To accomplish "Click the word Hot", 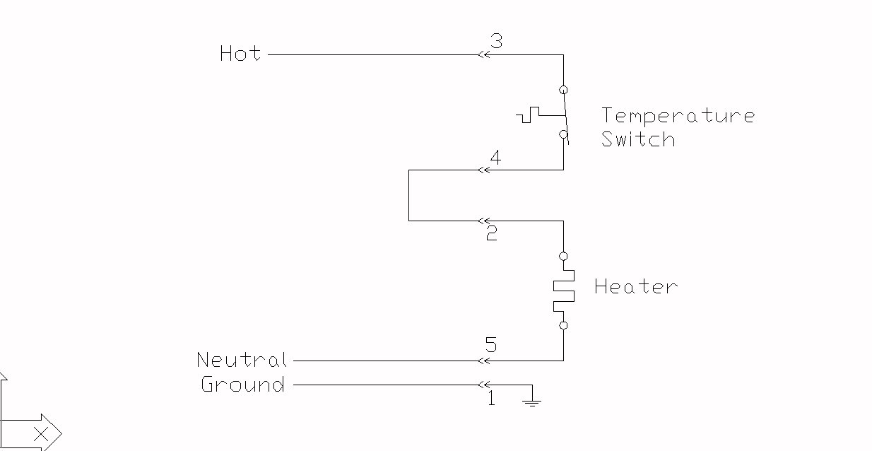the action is click(x=240, y=53).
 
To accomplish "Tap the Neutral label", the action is click(x=242, y=360).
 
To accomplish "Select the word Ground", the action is click(x=243, y=384).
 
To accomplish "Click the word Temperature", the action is click(x=678, y=116).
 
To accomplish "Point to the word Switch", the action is click(x=638, y=139).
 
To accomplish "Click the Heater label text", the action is click(x=636, y=286).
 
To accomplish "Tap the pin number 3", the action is click(x=496, y=41).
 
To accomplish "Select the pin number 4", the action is click(x=495, y=158).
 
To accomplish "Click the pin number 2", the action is click(x=492, y=233).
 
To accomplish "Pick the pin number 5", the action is click(x=491, y=345).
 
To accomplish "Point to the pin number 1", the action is click(x=492, y=398).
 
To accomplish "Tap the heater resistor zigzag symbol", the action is click(x=563, y=291).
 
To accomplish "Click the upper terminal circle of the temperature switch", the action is click(x=563, y=90).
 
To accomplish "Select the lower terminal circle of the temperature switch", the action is click(x=563, y=134).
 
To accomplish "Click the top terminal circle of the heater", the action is click(x=563, y=257).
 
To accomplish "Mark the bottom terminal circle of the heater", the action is click(x=563, y=326).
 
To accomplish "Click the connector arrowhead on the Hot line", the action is click(x=483, y=55).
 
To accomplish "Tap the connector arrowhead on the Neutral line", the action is click(x=483, y=361).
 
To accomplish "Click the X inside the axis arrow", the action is click(x=41, y=434).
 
